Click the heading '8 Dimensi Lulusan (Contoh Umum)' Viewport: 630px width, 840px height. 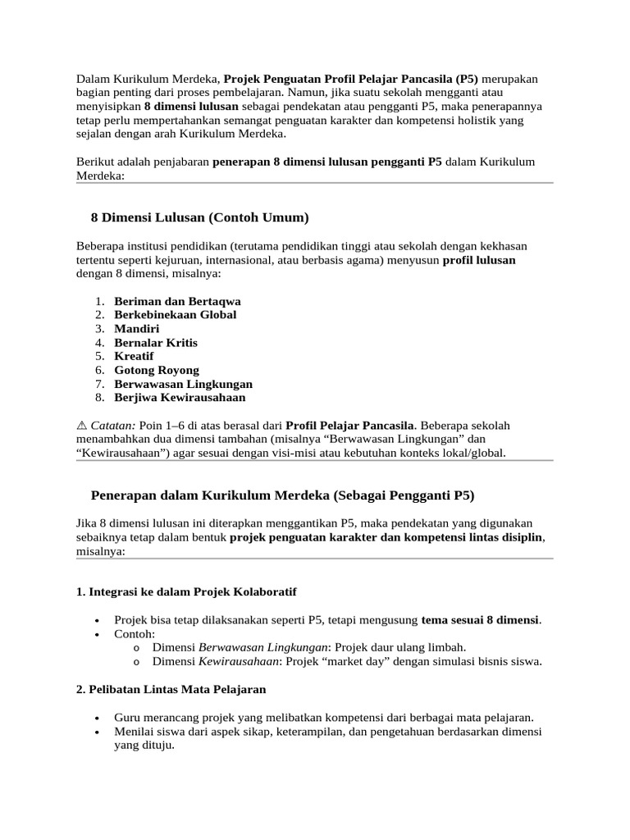(x=199, y=217)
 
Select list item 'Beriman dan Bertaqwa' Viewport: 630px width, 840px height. (x=177, y=301)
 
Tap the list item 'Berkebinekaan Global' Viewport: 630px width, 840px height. (x=175, y=314)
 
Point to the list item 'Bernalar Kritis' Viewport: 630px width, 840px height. (x=156, y=342)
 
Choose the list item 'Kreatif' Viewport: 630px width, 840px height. (x=134, y=356)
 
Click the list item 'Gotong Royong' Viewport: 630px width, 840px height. (x=157, y=370)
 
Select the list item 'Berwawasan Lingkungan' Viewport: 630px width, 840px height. (x=183, y=384)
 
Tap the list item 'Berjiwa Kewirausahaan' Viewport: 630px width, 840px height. (x=180, y=398)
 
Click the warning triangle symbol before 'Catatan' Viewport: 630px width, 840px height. (x=81, y=426)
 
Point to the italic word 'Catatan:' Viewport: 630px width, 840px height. (x=113, y=426)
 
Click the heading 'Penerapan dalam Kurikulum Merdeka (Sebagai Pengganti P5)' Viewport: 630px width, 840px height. (x=282, y=495)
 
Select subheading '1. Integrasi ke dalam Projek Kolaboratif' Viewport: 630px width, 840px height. (x=186, y=591)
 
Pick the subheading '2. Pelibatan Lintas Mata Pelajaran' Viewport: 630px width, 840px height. (x=171, y=689)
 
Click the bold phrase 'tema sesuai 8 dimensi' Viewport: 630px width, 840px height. (x=480, y=619)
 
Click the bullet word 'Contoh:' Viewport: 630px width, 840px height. (x=135, y=633)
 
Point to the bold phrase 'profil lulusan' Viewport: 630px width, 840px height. (x=479, y=260)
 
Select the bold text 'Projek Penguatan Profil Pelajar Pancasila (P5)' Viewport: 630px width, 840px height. (x=351, y=78)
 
